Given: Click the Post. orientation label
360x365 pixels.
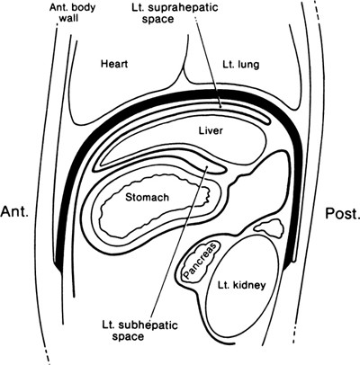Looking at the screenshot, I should (x=340, y=214).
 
